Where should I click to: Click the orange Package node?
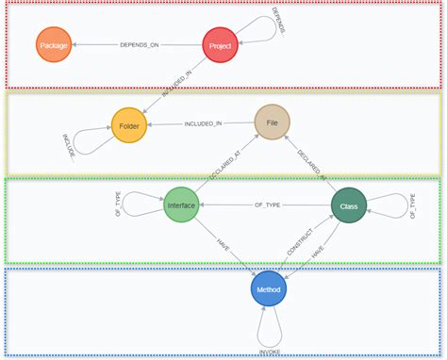point(54,45)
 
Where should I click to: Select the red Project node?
point(220,45)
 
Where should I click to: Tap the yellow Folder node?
point(129,125)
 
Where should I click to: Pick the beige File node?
point(272,123)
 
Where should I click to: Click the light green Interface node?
point(181,205)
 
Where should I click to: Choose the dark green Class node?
point(349,205)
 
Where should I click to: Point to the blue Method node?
point(269,288)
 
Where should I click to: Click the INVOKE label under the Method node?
point(271,352)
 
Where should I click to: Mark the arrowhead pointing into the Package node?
point(75,45)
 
